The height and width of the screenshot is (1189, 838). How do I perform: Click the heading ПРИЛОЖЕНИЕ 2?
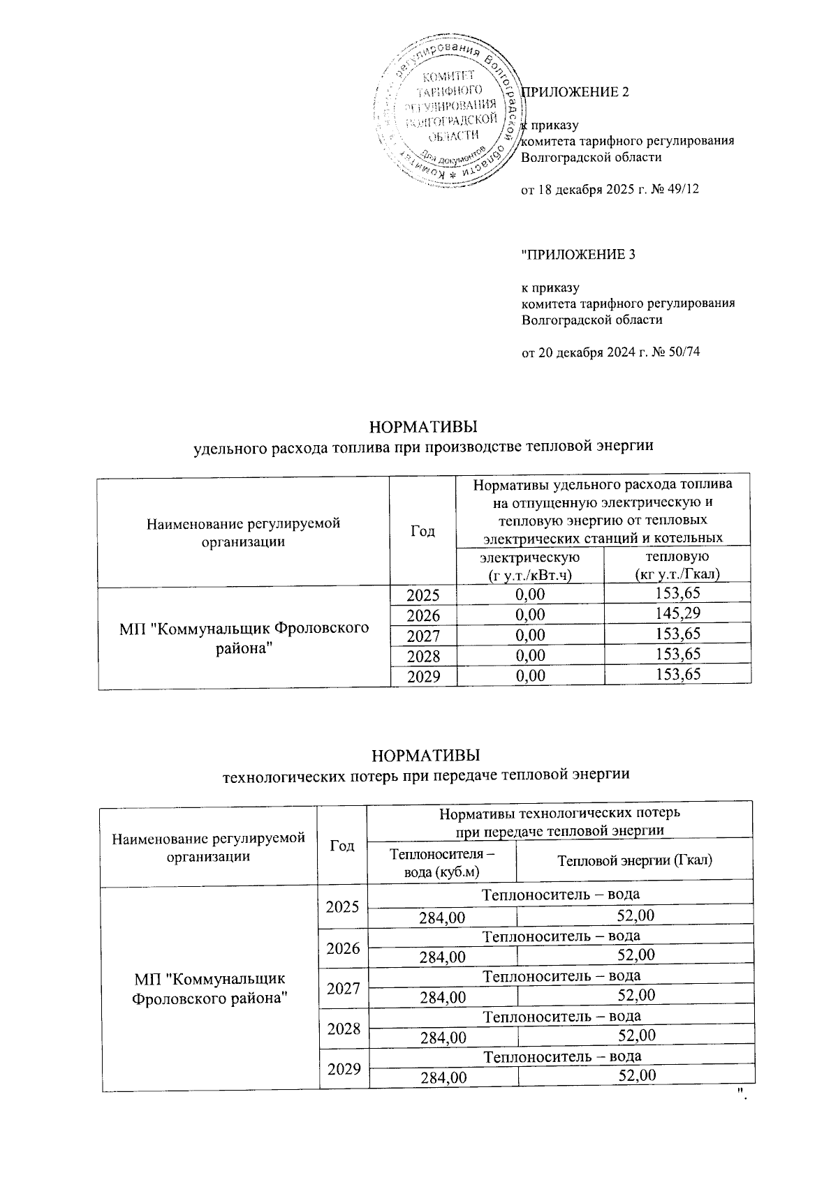point(576,92)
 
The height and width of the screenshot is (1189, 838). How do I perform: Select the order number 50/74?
point(682,352)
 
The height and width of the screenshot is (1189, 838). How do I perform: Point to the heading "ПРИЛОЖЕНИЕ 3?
point(579,255)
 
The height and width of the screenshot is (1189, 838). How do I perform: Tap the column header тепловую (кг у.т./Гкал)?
point(677,565)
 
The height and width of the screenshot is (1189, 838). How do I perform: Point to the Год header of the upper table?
point(422,532)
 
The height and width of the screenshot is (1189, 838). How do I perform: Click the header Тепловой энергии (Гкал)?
point(634,860)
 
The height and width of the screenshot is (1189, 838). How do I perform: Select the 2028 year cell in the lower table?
point(342,1029)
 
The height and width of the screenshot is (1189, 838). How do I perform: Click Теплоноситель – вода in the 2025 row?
point(561,895)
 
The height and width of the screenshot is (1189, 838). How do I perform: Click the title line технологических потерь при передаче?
point(425,775)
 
